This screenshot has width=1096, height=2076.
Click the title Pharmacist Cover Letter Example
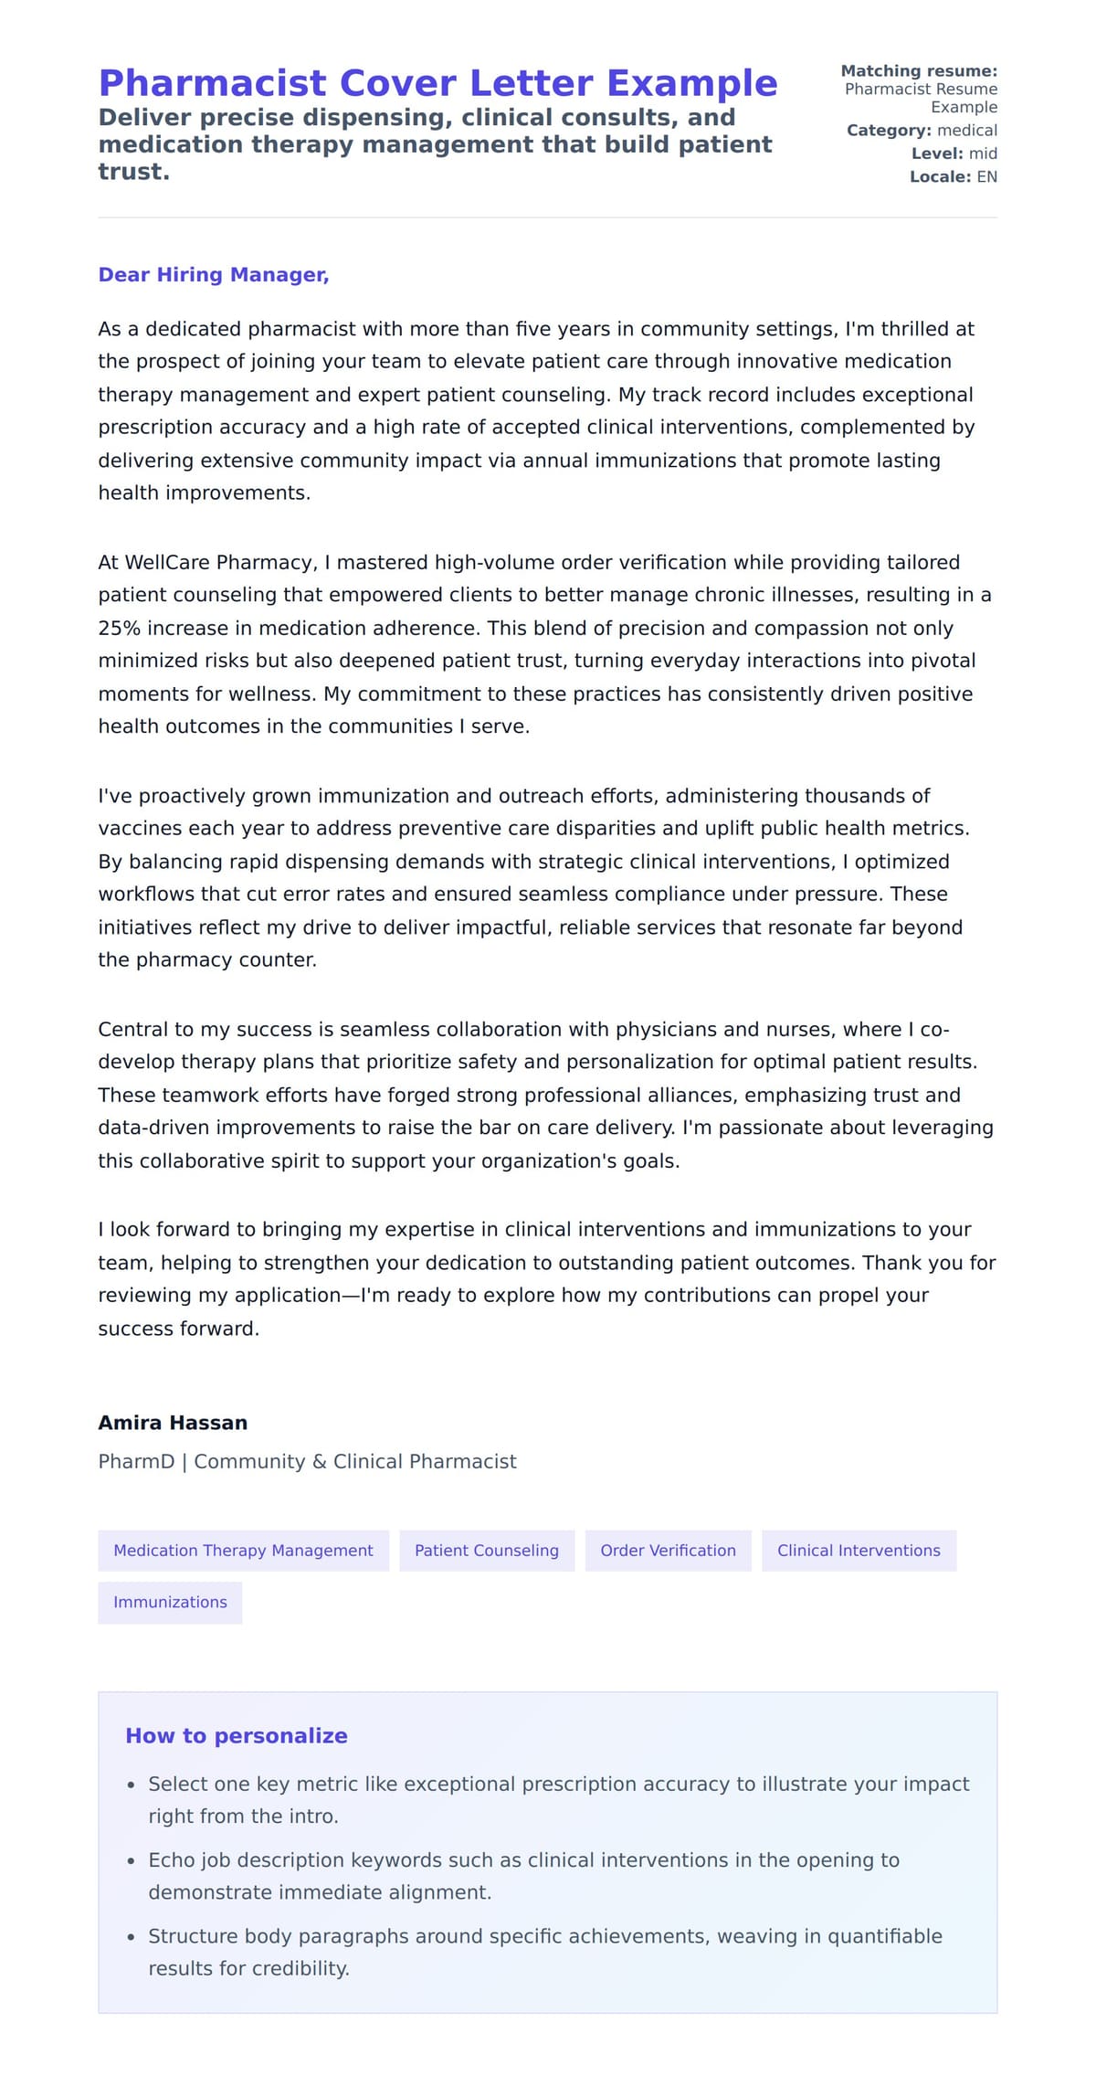(x=437, y=83)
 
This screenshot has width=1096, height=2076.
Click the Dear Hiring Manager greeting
(x=213, y=275)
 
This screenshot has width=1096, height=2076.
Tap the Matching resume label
(x=918, y=71)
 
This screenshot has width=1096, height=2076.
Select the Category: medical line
(x=921, y=131)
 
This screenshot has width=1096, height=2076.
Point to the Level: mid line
(x=954, y=154)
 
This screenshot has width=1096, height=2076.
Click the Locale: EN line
(x=953, y=177)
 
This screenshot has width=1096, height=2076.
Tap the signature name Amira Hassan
(x=173, y=1423)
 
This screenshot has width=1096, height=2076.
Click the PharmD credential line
(x=307, y=1461)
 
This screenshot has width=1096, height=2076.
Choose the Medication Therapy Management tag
(x=243, y=1551)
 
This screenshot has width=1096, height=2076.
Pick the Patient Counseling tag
(x=487, y=1551)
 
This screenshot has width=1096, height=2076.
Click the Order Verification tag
(x=668, y=1551)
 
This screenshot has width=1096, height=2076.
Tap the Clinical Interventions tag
(x=859, y=1551)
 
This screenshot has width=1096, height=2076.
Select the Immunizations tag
(x=170, y=1602)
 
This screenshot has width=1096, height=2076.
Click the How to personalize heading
(x=237, y=1736)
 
